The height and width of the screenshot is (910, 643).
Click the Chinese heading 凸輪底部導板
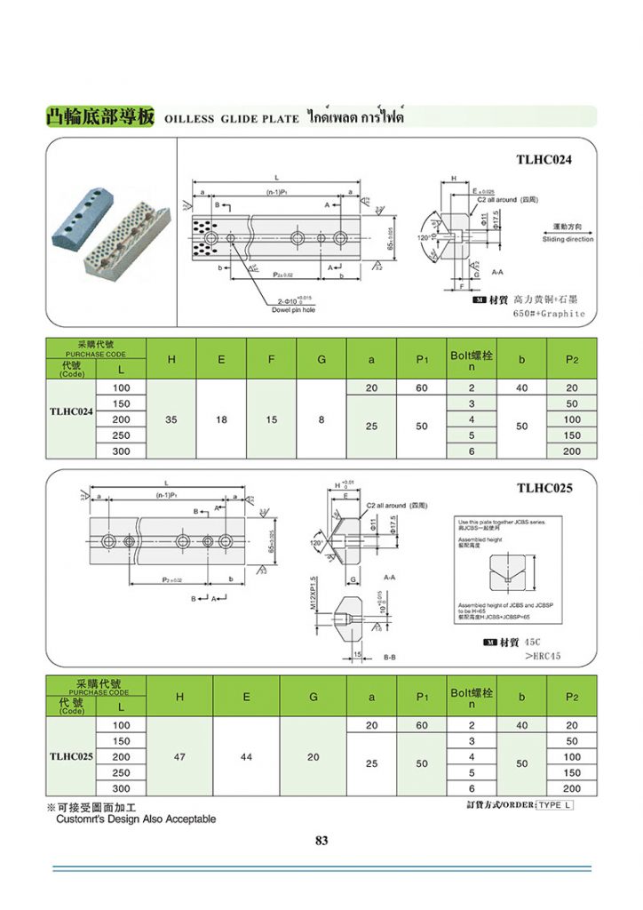101,117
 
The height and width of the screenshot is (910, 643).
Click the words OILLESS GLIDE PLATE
232,119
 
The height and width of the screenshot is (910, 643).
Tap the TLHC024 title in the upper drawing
544,160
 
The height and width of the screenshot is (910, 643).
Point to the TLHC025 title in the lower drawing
544,488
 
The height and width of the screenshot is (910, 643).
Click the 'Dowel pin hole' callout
294,310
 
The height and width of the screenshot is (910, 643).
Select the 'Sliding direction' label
568,240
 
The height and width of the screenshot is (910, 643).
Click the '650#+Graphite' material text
549,314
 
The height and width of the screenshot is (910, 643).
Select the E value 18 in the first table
220,419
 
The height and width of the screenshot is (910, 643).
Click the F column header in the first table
271,359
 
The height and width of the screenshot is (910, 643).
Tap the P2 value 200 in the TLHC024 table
571,451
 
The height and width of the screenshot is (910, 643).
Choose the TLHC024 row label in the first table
70,412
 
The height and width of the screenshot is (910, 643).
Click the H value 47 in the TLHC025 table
179,756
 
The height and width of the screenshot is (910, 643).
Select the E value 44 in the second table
246,756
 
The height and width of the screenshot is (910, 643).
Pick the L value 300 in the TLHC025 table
120,788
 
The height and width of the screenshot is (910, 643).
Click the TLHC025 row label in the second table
70,756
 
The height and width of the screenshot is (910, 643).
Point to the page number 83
321,840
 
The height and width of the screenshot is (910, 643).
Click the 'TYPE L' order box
555,805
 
